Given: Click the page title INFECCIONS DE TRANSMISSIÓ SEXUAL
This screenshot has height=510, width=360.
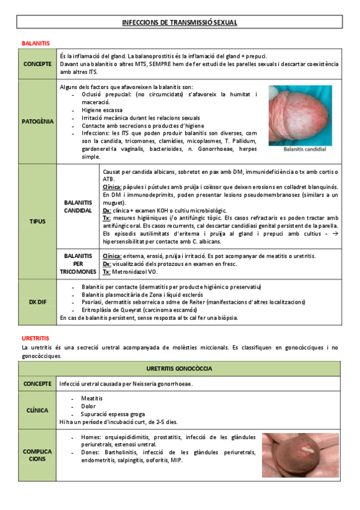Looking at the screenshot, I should click(180, 22).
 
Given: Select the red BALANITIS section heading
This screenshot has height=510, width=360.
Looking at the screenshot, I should click(35, 44).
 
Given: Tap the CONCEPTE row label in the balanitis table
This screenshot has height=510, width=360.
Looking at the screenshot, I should click(37, 64).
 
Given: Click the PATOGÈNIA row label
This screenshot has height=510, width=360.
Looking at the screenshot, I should click(37, 121).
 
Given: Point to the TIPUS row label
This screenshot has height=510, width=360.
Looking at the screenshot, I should click(37, 221).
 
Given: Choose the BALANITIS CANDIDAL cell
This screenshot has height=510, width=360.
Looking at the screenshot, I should click(78, 206).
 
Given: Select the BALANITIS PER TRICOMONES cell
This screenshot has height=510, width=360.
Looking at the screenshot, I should click(78, 263).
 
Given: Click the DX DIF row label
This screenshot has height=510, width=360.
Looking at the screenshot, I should click(37, 301).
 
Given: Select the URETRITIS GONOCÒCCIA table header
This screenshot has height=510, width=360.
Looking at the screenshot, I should click(180, 367).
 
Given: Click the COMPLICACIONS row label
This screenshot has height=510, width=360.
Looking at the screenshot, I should click(37, 455).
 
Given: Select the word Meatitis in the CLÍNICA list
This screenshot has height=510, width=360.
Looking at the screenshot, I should click(91, 398).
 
